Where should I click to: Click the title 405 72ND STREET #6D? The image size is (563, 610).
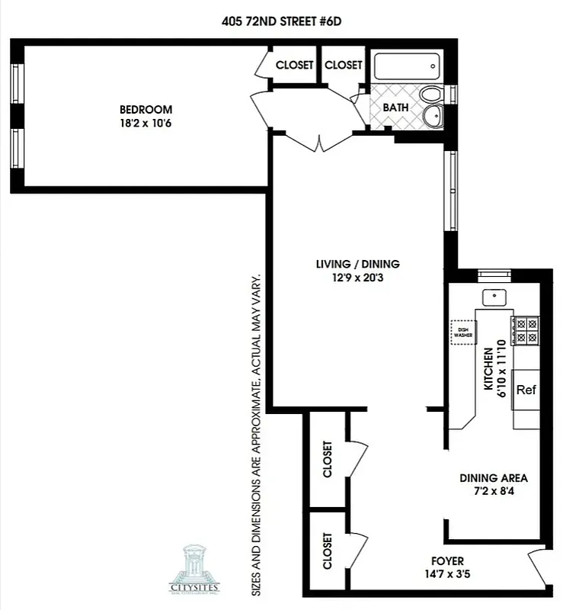pos(281,21)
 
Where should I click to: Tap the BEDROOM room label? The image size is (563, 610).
pos(145,110)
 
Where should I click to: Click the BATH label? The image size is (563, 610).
pos(395,108)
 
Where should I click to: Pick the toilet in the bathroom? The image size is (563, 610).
pos(432,96)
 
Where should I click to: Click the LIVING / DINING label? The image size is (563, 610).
pos(357,265)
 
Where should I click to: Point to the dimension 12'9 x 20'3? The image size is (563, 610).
pos(357,278)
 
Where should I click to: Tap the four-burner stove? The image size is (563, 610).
pos(524,329)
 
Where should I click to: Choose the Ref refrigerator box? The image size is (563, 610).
pos(526,390)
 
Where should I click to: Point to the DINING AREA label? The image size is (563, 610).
pos(494,478)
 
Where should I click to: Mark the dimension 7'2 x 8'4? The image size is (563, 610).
pos(494,492)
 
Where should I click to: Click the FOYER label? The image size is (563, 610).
pos(446,561)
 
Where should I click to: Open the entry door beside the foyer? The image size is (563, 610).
pos(539,568)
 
